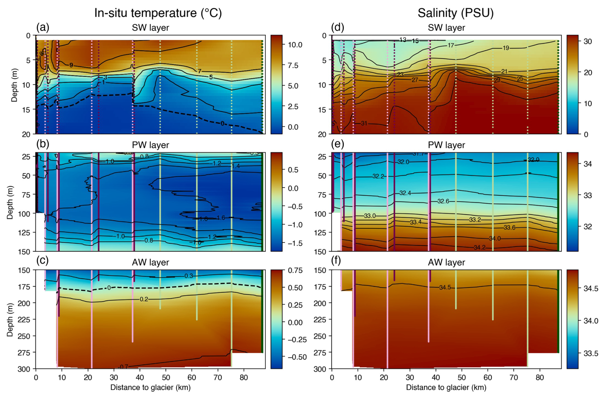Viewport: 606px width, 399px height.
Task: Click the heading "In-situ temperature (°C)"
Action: (x=158, y=13)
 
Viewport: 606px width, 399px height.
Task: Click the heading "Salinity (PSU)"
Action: (x=455, y=13)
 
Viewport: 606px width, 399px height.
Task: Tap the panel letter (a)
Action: (x=43, y=27)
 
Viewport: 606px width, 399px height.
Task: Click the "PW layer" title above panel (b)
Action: (x=150, y=145)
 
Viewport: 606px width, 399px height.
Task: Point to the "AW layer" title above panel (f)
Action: (x=446, y=262)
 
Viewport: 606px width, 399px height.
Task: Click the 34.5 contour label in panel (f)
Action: (x=445, y=288)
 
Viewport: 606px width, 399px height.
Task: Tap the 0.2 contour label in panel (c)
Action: (x=144, y=299)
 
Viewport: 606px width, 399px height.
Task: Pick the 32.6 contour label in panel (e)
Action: (x=443, y=201)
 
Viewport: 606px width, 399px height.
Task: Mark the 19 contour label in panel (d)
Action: (x=506, y=48)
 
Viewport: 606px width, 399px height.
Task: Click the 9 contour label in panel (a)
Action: (x=71, y=65)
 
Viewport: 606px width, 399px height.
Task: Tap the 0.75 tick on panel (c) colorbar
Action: (x=295, y=271)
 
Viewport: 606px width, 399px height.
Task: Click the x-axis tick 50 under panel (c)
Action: (x=166, y=377)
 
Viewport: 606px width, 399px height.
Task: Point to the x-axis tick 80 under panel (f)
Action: (x=540, y=377)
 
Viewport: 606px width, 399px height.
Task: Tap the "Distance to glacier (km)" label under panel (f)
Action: (x=446, y=387)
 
